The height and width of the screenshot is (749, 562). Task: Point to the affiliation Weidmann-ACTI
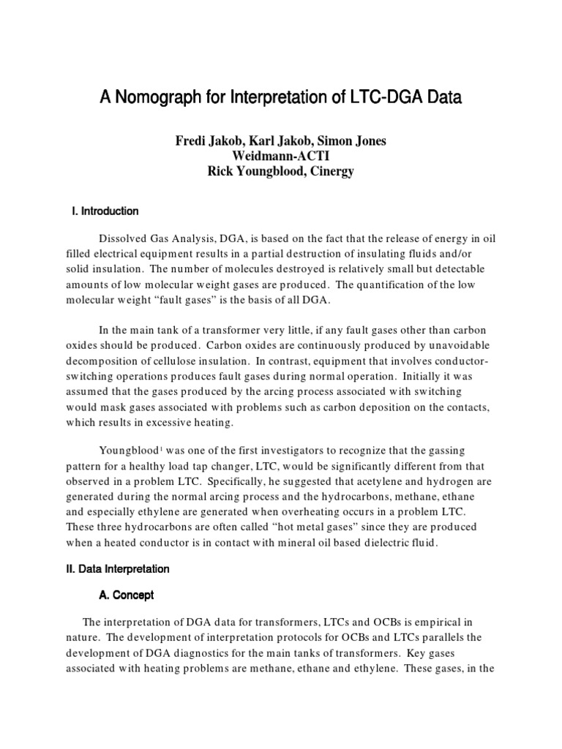(280, 156)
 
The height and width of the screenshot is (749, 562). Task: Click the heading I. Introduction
(102, 211)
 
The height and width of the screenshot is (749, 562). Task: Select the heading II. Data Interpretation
(119, 568)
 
